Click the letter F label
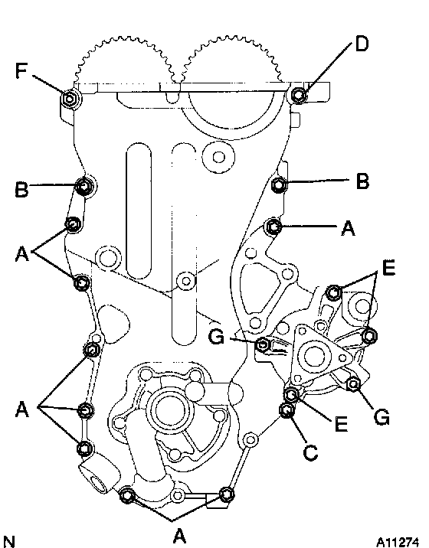click(x=21, y=70)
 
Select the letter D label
click(x=362, y=44)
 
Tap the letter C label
click(x=310, y=452)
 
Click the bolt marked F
click(x=70, y=99)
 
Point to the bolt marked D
click(x=299, y=94)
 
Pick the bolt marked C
click(x=287, y=410)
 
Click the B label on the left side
click(x=21, y=189)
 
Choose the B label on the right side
click(x=362, y=181)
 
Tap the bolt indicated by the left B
click(x=84, y=186)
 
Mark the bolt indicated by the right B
click(x=279, y=185)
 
